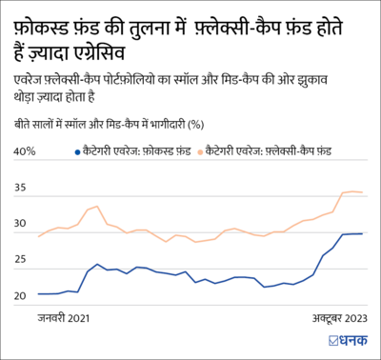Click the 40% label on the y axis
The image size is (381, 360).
25,150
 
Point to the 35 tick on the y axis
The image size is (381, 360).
20,188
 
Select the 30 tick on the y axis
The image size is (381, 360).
20,224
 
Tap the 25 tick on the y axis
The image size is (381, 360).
20,260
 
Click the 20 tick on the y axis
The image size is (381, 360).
20,296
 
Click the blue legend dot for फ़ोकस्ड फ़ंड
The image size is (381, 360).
76,151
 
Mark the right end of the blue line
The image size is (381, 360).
362,233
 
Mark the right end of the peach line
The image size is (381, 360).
362,192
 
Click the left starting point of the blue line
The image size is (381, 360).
38,293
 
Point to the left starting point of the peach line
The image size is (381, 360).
38,235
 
